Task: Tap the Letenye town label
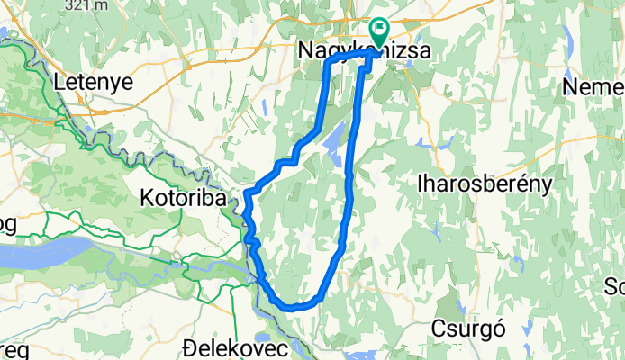[93, 82]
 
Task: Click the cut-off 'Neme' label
[593, 87]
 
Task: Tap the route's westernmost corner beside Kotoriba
[245, 193]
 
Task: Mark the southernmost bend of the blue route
[290, 307]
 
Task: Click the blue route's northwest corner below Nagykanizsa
[326, 64]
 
